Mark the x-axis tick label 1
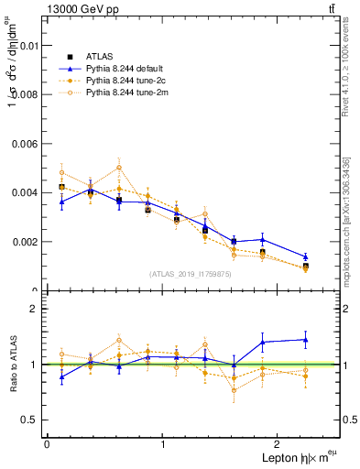[163, 443]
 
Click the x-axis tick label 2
[278, 443]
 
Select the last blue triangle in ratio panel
[306, 340]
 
